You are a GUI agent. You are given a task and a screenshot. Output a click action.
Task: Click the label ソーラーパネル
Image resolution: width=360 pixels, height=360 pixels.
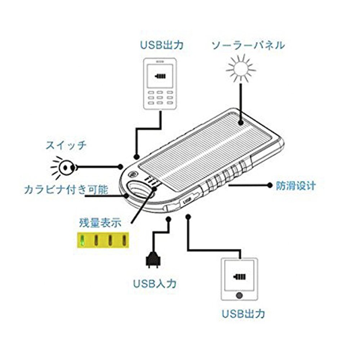point(248,45)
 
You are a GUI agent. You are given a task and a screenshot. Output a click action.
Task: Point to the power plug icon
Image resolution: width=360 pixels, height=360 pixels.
point(152,260)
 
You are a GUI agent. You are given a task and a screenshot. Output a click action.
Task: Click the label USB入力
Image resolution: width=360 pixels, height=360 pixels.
point(155,283)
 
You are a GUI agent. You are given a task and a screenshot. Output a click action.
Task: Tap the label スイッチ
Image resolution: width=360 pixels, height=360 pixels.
point(66,146)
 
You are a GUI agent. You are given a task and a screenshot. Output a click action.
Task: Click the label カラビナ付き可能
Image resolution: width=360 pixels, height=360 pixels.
point(66,190)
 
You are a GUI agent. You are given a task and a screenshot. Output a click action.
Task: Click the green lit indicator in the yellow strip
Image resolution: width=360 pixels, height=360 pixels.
point(83,240)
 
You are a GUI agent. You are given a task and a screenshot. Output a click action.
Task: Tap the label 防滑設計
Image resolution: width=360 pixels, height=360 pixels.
point(296,185)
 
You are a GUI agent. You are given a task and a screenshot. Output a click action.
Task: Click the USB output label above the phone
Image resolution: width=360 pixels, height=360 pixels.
point(162,45)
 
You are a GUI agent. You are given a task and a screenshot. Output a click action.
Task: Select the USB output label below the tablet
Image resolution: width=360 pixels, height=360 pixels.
point(243,313)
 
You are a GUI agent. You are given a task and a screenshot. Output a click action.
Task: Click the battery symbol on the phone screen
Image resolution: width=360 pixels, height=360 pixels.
point(159,76)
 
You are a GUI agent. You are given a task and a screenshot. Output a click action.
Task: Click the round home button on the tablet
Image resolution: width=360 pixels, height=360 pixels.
point(239,295)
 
